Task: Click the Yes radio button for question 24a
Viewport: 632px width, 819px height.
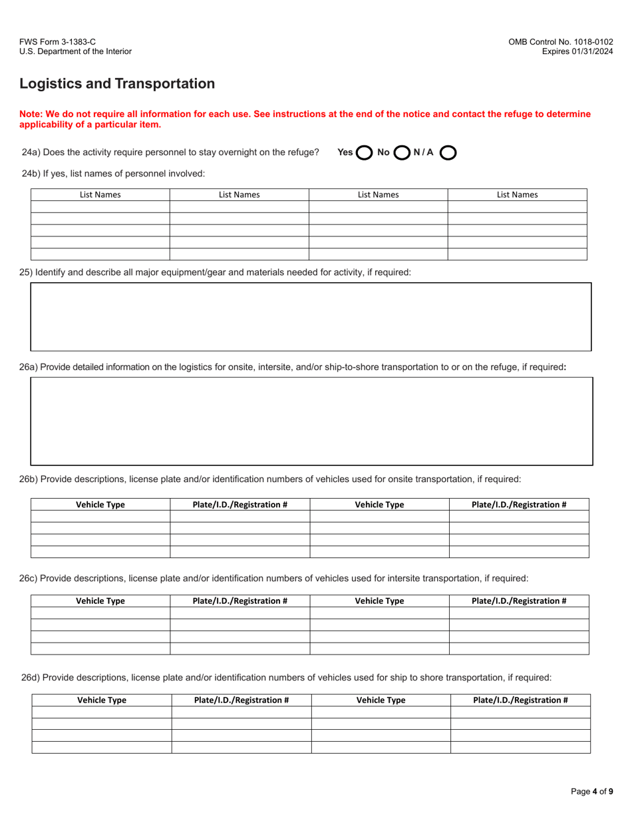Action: point(364,152)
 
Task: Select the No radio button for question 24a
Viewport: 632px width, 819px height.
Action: point(402,152)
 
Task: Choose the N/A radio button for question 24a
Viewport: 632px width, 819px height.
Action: point(448,152)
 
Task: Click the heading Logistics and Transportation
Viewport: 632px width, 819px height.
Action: point(117,84)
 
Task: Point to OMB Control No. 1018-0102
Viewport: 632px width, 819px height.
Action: point(561,41)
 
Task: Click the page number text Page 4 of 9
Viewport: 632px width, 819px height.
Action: point(592,792)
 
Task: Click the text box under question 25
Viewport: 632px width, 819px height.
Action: point(311,316)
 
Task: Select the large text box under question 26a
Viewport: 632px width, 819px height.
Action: point(311,421)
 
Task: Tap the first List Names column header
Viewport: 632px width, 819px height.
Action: point(100,195)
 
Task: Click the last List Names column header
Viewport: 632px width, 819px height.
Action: point(517,195)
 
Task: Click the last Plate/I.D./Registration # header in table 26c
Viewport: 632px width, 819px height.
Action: point(519,601)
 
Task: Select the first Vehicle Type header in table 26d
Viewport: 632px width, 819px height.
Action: point(102,700)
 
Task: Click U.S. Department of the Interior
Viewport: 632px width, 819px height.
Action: point(75,51)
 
